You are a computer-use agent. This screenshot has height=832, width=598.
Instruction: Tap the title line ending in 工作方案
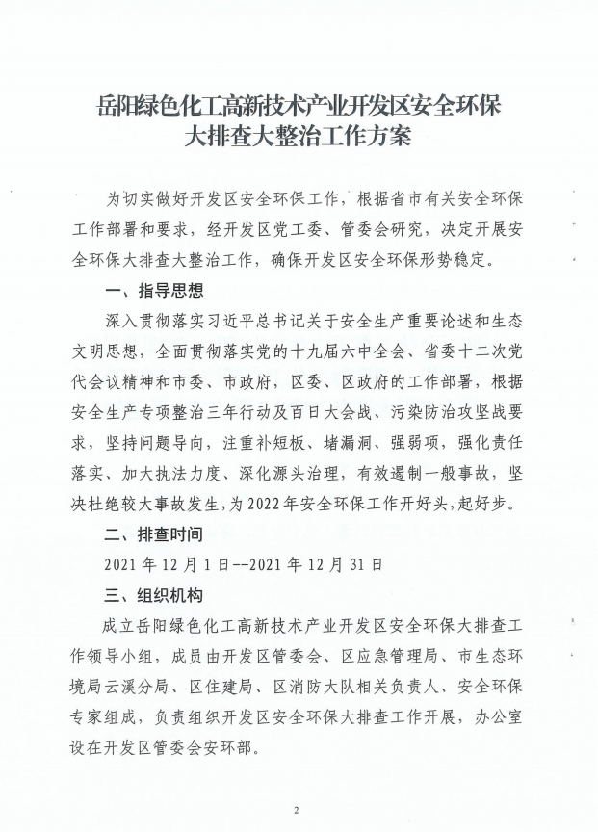tap(298, 136)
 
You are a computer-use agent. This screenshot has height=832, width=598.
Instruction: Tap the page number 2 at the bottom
tap(298, 809)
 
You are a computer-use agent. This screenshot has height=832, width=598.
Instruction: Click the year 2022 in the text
tap(263, 502)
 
